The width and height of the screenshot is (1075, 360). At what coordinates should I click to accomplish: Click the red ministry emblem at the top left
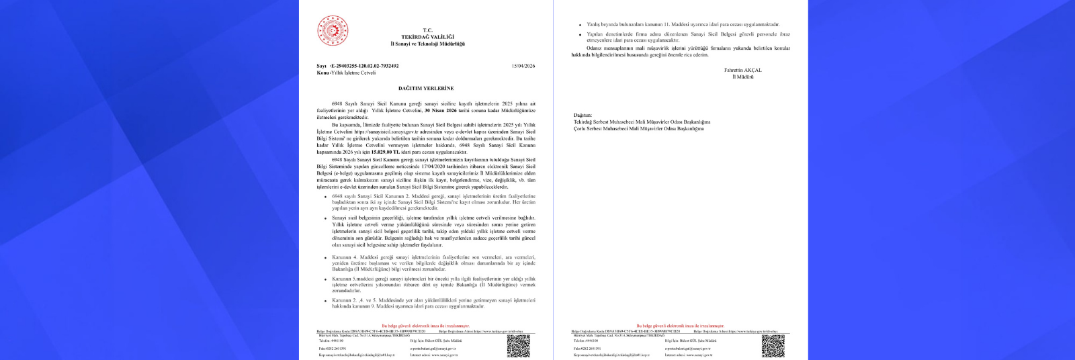[331, 31]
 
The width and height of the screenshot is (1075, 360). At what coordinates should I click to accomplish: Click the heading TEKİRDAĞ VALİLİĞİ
[427, 36]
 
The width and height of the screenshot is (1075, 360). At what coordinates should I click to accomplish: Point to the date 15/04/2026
[523, 66]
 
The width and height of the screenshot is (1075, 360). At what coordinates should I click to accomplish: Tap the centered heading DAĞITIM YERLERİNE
[426, 88]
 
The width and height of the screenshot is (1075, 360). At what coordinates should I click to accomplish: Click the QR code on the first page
[518, 345]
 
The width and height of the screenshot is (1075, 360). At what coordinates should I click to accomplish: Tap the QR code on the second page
[773, 345]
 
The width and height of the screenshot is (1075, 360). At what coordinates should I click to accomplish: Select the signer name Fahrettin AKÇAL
[742, 71]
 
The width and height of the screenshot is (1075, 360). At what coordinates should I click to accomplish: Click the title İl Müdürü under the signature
[742, 77]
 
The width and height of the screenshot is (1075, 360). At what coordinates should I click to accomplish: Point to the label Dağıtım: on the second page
[583, 116]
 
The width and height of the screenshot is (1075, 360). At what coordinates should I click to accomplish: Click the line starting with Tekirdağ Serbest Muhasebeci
[641, 122]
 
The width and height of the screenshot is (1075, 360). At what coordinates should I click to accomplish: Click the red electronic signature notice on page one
[426, 326]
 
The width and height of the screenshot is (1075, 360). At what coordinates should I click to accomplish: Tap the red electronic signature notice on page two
[680, 326]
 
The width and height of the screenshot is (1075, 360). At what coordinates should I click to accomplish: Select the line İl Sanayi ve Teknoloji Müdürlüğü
[427, 43]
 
